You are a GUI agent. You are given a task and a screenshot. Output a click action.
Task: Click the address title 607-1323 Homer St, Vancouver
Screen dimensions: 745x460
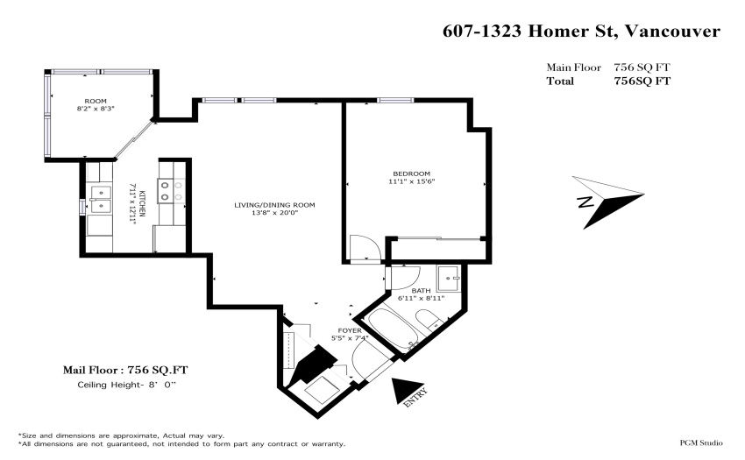[x=582, y=32]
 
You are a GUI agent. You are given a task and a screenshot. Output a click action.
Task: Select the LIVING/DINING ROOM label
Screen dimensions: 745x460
[x=274, y=205]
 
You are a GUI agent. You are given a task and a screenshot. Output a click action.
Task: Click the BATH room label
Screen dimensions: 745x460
[x=421, y=290]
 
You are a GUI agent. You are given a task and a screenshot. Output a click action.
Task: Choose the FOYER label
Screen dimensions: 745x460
[x=350, y=330]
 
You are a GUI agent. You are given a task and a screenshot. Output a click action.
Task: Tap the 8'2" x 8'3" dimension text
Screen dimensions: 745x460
[x=96, y=109]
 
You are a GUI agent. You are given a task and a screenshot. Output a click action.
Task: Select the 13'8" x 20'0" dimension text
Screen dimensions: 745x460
[x=274, y=212]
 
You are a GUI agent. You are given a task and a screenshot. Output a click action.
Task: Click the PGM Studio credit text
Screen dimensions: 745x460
[x=701, y=442]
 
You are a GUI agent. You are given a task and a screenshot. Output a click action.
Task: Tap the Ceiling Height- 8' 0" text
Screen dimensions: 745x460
[x=126, y=385]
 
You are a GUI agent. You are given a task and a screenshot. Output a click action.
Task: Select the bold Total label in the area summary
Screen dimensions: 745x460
[x=560, y=81]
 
